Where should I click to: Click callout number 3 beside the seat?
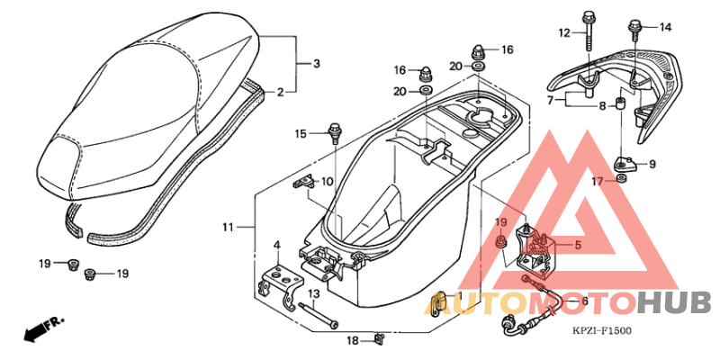[x=316, y=64]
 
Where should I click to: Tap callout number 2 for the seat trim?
[x=281, y=92]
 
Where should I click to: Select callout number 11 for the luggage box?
[x=229, y=227]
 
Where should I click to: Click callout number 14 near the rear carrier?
[x=666, y=26]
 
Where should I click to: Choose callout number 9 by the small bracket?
[x=652, y=164]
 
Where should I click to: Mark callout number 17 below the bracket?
[x=597, y=181]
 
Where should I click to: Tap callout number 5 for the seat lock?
[x=578, y=243]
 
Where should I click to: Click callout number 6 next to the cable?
[x=584, y=301]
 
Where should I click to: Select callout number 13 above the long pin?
[x=314, y=293]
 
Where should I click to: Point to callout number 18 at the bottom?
[x=354, y=340]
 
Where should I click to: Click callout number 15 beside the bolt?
[x=301, y=134]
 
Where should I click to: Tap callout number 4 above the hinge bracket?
[x=278, y=245]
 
